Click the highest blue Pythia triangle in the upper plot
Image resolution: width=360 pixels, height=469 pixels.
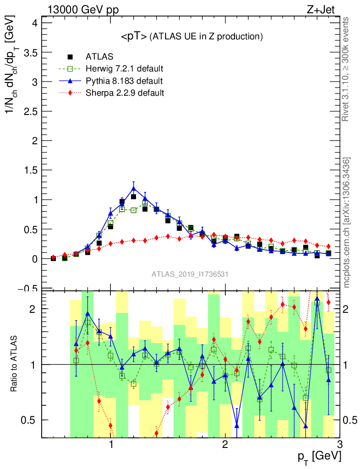pos(133,188)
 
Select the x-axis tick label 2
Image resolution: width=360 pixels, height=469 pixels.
pos(225,445)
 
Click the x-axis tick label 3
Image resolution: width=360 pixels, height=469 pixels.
pos(339,445)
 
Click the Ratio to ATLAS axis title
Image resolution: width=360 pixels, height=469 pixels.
pos(14,365)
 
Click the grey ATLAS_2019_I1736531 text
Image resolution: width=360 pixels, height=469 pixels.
pos(190,274)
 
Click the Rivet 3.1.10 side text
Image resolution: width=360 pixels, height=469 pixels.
pos(347,69)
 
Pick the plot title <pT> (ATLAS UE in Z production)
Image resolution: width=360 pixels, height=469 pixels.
pos(191,36)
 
